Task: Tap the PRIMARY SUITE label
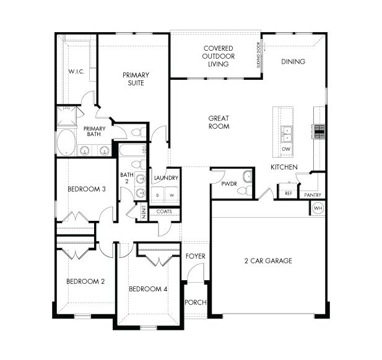pos(136,79)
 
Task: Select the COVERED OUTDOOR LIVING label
pos(218,56)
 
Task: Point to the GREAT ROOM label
pos(219,122)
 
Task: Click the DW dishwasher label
pos(286,150)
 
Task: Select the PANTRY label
pos(312,195)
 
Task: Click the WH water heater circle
pos(318,208)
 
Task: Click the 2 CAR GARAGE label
pos(267,260)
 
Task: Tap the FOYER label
pos(196,256)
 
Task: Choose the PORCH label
pos(196,302)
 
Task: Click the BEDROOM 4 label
pos(148,289)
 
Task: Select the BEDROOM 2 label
pos(85,281)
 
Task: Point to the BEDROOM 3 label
pos(85,189)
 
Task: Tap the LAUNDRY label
pos(165,178)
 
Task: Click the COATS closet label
pos(164,212)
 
